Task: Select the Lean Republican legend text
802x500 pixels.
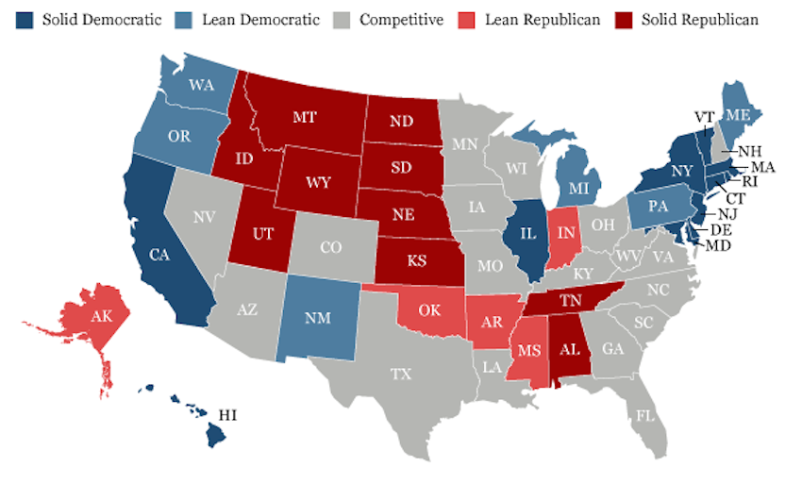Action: [543, 20]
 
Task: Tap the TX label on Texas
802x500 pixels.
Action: [402, 374]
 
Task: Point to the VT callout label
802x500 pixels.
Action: [704, 118]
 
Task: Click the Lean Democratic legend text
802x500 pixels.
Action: [259, 20]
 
